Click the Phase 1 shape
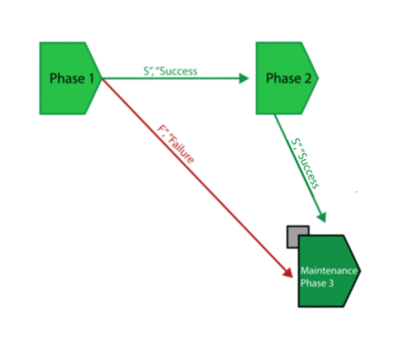(71, 78)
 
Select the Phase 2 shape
(287, 78)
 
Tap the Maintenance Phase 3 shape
(329, 271)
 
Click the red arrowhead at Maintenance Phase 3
(288, 273)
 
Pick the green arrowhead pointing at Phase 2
(244, 78)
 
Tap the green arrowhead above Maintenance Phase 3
(322, 217)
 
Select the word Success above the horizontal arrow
(178, 71)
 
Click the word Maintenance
(329, 271)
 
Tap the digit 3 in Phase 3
(331, 283)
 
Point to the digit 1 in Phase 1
(91, 78)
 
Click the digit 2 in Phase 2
(308, 78)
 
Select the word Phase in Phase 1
(68, 78)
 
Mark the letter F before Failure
(161, 129)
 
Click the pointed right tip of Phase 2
(318, 78)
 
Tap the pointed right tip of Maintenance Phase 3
(361, 271)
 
